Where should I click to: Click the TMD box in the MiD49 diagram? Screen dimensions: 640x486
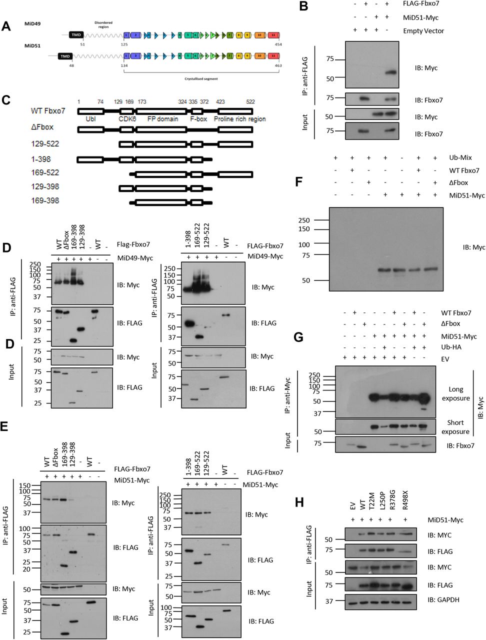[x=76, y=35]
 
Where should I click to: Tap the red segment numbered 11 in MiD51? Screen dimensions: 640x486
[x=274, y=57]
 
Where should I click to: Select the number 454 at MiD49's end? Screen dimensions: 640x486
[x=278, y=44]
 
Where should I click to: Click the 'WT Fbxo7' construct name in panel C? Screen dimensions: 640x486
[x=48, y=111]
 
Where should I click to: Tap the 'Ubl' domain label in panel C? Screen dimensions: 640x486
[x=90, y=119]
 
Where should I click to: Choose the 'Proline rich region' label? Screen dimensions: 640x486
[x=239, y=119]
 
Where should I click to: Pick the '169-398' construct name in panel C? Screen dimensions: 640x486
[x=45, y=200]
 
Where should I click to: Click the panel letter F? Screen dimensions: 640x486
[x=299, y=180]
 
